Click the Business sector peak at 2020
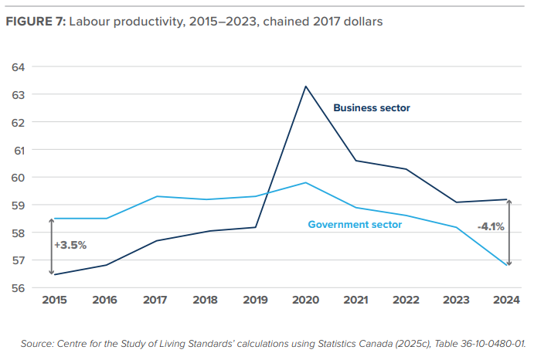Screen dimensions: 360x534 click(x=305, y=86)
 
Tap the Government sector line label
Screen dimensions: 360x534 click(x=355, y=225)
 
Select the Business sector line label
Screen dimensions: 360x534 click(x=371, y=108)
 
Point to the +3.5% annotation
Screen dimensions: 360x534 click(x=70, y=245)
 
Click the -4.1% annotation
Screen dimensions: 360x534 click(x=491, y=227)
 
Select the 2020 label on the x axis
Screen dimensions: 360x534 click(x=305, y=301)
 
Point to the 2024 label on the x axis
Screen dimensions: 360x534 click(x=508, y=301)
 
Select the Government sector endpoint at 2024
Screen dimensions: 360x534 click(x=508, y=266)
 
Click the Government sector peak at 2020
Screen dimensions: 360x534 click(x=305, y=182)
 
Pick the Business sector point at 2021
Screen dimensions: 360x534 click(x=356, y=161)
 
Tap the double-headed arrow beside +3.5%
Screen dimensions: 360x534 click(x=52, y=246)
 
